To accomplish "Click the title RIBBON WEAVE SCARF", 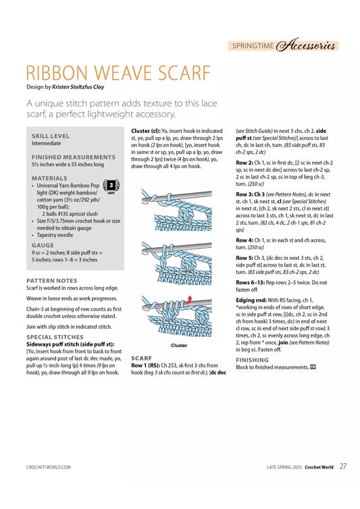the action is pos(119,73).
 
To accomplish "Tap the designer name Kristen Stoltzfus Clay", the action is pos(78,87).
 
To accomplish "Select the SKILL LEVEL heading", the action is pos(51,136).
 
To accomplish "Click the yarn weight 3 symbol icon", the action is pos(111,186).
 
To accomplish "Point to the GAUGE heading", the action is pos(43,246).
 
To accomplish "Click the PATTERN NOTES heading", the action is pos(51,281).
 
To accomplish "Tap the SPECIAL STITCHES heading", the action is pos(55,337).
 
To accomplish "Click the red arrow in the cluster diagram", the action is pos(189,300).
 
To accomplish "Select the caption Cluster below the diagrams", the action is pos(179,346).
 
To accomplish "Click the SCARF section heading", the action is pos(141,358).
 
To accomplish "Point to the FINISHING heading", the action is pos(252,360).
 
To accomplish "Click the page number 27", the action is pos(343,466).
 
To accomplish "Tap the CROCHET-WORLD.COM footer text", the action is pos(49,467).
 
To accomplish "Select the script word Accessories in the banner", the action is pos(305,45).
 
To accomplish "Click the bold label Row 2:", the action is pos(245,163).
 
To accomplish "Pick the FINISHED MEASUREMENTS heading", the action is pos(74,157).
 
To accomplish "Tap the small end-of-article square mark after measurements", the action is pos(313,367).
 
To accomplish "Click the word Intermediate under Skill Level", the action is pos(46,143).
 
